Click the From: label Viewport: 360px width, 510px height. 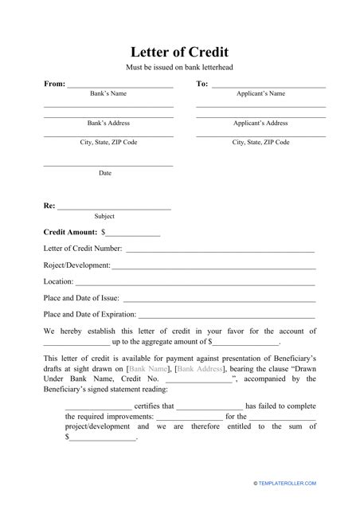click(x=54, y=84)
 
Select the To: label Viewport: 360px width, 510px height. click(x=202, y=84)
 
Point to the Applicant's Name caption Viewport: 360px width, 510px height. click(x=260, y=94)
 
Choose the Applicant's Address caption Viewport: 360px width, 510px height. click(x=260, y=124)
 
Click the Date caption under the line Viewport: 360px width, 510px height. click(x=105, y=173)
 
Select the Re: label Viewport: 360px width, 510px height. click(x=49, y=206)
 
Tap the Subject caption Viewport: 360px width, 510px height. click(x=104, y=216)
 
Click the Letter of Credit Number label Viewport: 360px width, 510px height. click(x=83, y=249)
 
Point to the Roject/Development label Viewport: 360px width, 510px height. click(x=76, y=265)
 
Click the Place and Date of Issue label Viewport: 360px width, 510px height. click(x=84, y=298)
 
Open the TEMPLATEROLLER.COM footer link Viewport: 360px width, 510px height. click(x=284, y=483)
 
